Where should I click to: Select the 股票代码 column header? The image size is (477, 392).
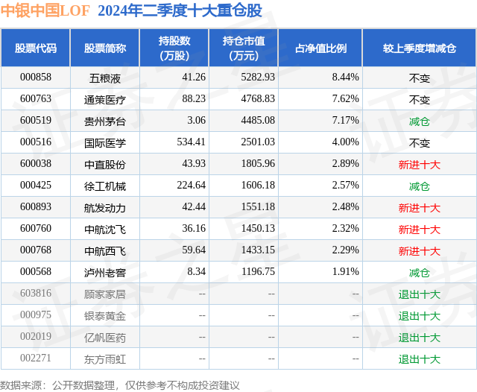coord(35,48)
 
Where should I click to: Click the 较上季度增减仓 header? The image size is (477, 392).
coord(419,48)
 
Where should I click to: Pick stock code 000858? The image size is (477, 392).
coord(35,77)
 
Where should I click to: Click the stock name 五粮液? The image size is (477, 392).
coord(104,77)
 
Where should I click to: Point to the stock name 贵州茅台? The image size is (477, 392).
coord(104,121)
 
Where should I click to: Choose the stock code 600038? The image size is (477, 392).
coord(35,164)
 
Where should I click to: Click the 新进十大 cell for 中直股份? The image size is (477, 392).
coord(419,164)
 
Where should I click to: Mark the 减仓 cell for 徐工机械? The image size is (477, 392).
coord(419,186)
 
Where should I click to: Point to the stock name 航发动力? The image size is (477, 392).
coord(104,207)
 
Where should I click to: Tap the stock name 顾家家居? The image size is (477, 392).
coord(104,294)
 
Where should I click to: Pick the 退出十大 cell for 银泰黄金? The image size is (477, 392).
coord(419,316)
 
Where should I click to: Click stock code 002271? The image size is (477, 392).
coord(35,359)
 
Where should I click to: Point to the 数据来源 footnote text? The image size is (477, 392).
coord(120,385)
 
